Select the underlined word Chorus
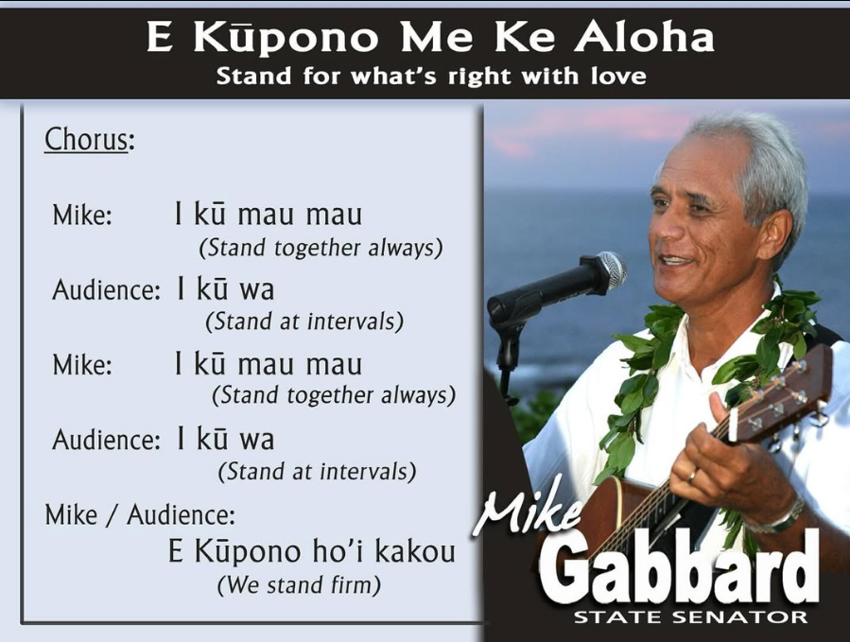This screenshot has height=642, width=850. (x=85, y=140)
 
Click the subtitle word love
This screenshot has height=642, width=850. (x=618, y=76)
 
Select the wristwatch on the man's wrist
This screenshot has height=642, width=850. (x=784, y=516)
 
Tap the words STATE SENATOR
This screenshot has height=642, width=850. (x=690, y=617)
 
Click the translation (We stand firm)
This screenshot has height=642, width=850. (x=299, y=585)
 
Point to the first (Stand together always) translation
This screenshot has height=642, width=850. (x=321, y=248)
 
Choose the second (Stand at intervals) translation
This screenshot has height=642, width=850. (x=317, y=470)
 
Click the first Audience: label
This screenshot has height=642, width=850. (x=105, y=289)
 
